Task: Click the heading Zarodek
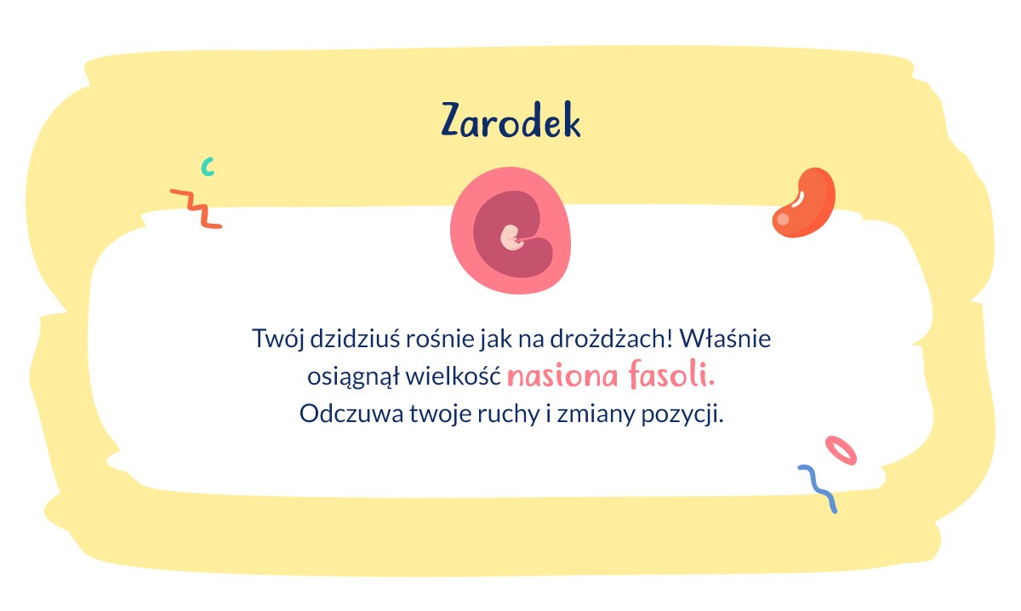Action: tap(510, 122)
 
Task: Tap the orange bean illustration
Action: tap(804, 203)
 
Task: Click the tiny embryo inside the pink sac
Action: tap(511, 237)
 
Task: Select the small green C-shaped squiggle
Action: tap(207, 166)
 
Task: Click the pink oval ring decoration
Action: tap(841, 449)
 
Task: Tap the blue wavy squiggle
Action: tap(818, 488)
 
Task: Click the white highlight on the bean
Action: tap(797, 197)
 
